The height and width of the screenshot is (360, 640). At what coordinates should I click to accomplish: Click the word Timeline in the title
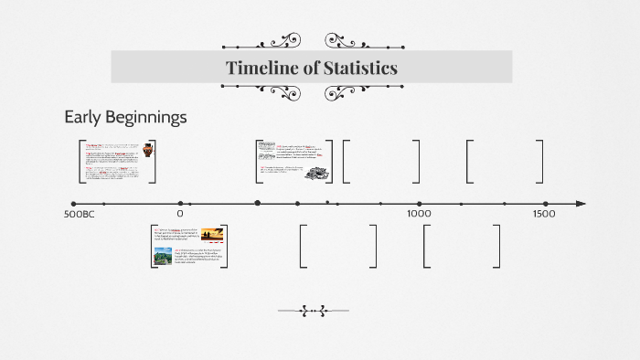261,68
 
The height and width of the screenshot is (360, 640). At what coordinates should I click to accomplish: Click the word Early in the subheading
82,118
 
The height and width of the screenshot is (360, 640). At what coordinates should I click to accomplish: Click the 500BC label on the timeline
80,214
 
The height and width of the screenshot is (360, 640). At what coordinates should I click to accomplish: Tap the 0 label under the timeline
180,214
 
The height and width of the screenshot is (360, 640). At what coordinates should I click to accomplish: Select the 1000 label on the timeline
419,214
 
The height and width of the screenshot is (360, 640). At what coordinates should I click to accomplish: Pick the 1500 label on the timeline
543,214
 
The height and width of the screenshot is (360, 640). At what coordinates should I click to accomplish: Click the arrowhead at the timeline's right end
581,204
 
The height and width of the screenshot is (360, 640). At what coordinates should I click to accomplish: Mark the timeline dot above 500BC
74,204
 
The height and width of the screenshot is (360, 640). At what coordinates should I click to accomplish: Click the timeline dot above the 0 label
180,204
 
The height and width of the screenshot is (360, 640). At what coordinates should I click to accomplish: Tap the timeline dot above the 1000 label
419,204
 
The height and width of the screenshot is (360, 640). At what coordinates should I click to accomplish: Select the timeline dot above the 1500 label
543,204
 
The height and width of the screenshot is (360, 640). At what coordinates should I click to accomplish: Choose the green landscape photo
165,256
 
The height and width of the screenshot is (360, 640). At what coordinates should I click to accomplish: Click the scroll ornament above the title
313,42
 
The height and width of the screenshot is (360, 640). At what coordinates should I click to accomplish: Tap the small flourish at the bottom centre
313,311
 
